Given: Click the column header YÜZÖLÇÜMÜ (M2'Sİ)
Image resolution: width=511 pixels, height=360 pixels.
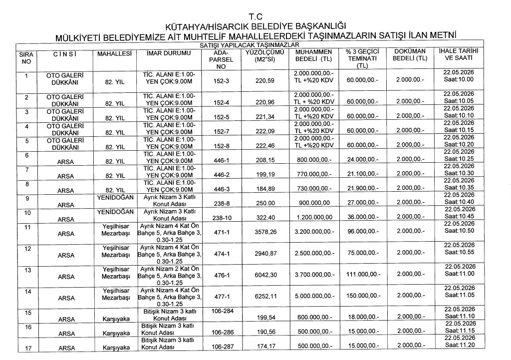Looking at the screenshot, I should click(265, 55).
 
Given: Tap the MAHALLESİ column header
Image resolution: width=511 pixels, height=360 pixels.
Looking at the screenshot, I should click(114, 52).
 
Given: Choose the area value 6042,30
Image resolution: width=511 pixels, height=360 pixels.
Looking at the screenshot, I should click(265, 276).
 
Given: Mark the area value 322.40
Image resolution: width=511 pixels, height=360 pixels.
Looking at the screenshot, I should click(265, 218).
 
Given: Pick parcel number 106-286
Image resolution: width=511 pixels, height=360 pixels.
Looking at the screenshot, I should click(221, 332).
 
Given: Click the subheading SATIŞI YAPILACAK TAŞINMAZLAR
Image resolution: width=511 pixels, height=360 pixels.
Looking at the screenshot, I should click(255, 45).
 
